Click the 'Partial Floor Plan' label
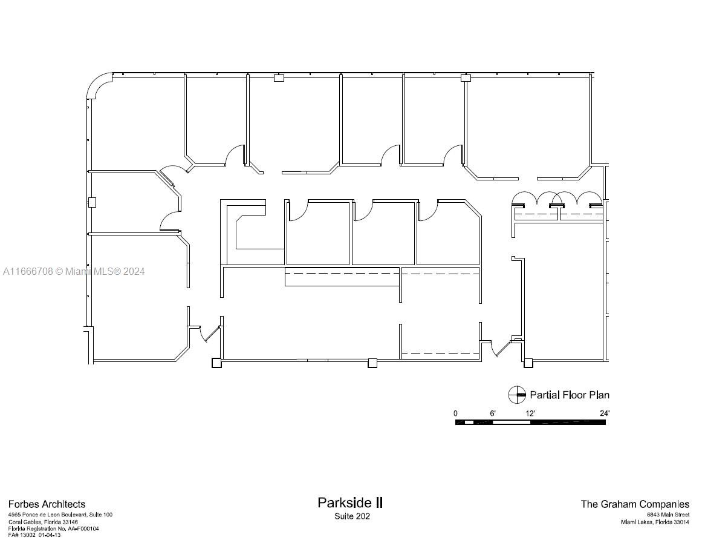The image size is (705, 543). point(570,395)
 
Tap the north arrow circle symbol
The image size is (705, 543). point(516,395)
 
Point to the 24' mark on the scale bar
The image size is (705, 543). point(605,413)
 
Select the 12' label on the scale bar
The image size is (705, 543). point(530,413)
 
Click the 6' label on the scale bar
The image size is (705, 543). point(493,413)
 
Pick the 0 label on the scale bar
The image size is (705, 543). point(455,413)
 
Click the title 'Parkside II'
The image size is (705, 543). point(350,502)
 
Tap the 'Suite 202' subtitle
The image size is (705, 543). point(352,516)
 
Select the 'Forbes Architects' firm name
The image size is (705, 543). point(47,504)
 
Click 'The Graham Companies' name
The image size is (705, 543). point(635,504)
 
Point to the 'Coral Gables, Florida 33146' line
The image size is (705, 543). point(43,522)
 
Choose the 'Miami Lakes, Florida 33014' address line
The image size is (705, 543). point(655,522)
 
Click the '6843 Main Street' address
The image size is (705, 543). point(668,515)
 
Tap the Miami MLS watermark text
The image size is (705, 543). point(74,271)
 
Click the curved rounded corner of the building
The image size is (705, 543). point(99,85)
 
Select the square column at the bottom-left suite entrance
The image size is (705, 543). point(216,363)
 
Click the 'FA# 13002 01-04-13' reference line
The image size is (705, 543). point(34,535)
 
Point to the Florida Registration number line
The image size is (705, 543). point(53,528)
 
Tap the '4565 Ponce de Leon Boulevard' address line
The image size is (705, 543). point(60,515)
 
